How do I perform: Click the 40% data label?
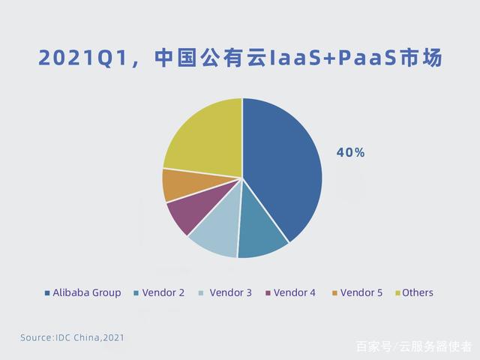[x=350, y=152]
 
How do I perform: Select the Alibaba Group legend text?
[x=87, y=293]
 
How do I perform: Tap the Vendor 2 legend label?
[x=163, y=293]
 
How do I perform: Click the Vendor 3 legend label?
[x=230, y=293]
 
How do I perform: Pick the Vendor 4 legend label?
[x=295, y=293]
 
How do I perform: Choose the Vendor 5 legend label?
[x=361, y=293]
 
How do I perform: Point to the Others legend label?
[x=418, y=293]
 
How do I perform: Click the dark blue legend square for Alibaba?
[x=47, y=293]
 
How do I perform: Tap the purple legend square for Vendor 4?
[x=268, y=293]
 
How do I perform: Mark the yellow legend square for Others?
[x=398, y=293]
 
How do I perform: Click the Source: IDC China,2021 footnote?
[x=72, y=337]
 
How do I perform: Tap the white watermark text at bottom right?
[x=414, y=346]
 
